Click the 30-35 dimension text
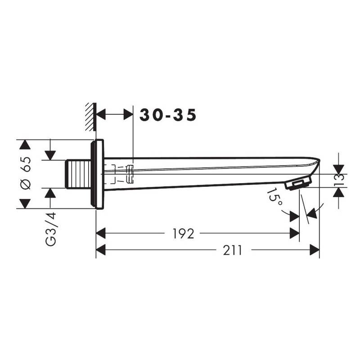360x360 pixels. (x=168, y=115)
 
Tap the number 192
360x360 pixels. (x=183, y=234)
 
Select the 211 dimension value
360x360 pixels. (x=232, y=250)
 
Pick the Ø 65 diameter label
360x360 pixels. (x=26, y=174)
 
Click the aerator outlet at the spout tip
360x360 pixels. (x=298, y=184)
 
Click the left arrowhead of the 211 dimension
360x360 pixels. (x=101, y=250)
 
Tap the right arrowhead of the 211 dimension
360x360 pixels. (x=315, y=250)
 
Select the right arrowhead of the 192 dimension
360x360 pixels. (x=295, y=234)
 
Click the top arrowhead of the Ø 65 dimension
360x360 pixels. (x=26, y=144)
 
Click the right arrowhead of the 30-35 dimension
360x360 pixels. (x=129, y=115)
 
